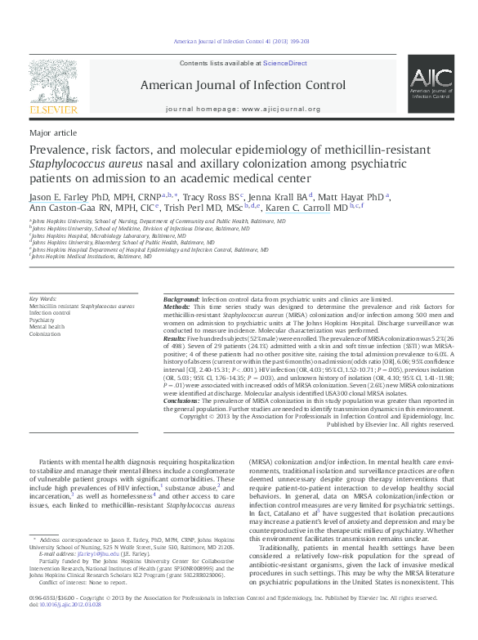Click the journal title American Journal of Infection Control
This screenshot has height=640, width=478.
243,84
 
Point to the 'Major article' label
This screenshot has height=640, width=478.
53,132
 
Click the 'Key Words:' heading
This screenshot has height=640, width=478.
43,299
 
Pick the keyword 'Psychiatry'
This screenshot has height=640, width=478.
42,320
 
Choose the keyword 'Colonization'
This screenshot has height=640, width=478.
45,333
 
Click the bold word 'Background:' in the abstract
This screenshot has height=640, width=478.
181,300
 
